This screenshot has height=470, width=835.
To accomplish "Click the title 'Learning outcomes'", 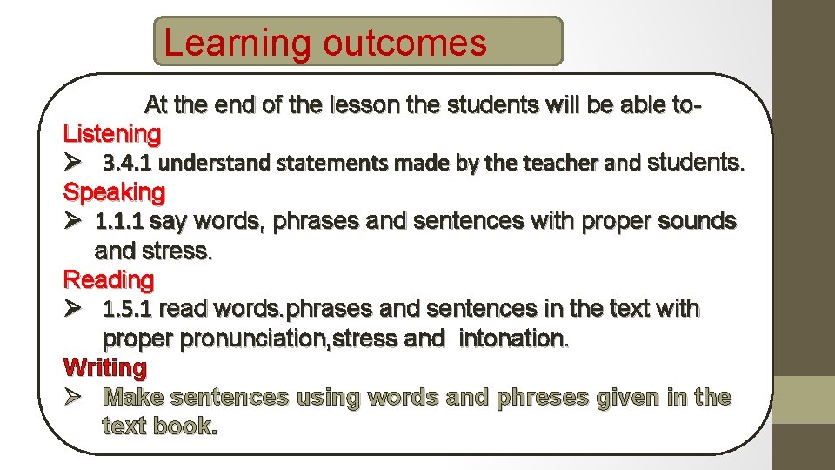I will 325,43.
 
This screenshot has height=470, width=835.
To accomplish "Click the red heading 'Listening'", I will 112,134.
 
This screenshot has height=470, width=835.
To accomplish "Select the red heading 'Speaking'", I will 114,191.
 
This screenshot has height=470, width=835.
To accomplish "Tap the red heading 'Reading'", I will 109,280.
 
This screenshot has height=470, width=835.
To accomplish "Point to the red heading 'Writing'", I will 105,367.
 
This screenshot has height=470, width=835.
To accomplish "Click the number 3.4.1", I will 127,163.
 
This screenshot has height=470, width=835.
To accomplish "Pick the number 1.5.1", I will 129,309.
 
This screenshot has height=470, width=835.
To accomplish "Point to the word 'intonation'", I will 513,339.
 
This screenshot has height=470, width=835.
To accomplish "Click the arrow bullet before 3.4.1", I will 73,163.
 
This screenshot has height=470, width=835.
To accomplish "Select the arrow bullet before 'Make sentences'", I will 73,397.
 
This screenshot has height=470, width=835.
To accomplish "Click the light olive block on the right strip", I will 805,399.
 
